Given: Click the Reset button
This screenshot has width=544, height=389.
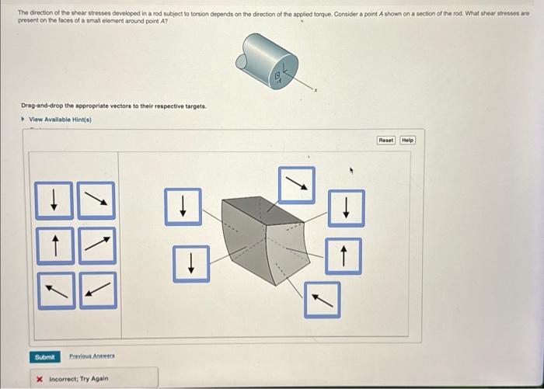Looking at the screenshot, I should tap(386, 140).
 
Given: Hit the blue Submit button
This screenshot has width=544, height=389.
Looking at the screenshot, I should tap(45, 356).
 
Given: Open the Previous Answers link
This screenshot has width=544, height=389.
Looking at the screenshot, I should tap(92, 356).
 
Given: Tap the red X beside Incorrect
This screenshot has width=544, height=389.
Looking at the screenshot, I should tap(40, 378).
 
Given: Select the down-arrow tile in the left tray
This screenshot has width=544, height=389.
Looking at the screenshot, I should tap(53, 200).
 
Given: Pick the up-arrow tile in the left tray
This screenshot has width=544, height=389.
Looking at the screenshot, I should tap(53, 245).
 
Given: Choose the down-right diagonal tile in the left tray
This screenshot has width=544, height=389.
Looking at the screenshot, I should tap(97, 200).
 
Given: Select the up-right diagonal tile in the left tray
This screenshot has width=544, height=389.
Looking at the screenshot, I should tap(97, 245).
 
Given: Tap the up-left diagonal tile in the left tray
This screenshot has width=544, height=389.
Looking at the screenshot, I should tap(53, 290).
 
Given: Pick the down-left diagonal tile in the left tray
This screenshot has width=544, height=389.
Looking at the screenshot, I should tap(97, 290).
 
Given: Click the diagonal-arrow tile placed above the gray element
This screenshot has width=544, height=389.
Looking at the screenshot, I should tap(297, 185).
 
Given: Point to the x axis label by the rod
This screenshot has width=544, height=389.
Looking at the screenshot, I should tap(316, 91).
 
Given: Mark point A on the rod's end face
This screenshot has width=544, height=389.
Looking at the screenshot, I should tap(277, 75).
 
